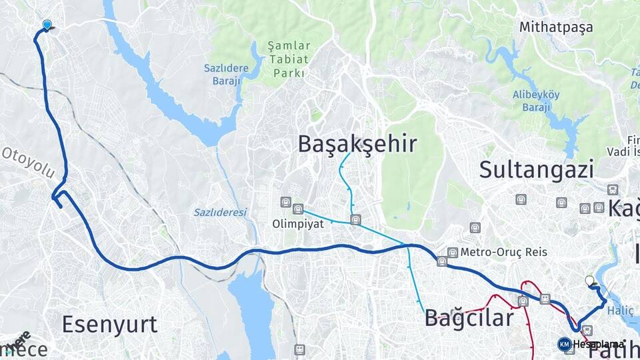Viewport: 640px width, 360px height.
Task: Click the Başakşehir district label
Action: click(x=357, y=143)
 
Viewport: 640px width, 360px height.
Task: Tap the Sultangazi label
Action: click(x=536, y=169)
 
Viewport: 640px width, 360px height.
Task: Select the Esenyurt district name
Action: click(x=109, y=324)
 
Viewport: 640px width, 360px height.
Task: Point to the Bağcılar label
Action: click(x=469, y=317)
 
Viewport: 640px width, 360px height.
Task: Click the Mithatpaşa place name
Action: click(x=555, y=27)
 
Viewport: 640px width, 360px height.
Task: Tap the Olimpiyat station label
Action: click(x=298, y=224)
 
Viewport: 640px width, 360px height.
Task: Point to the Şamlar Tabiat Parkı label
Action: click(x=289, y=59)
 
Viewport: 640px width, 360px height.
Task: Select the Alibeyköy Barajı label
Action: click(x=537, y=101)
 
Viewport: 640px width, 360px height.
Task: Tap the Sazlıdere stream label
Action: click(x=220, y=212)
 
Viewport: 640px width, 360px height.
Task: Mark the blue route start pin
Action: click(x=47, y=25)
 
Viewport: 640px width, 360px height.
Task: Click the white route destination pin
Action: click(x=589, y=282)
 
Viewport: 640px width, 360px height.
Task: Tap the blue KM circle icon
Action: click(x=564, y=344)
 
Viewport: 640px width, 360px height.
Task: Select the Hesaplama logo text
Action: click(x=599, y=344)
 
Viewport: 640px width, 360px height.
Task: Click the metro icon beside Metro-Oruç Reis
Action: click(x=453, y=252)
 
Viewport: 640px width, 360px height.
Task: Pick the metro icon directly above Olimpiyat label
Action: click(x=298, y=209)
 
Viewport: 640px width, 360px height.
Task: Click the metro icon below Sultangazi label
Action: click(x=521, y=199)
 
